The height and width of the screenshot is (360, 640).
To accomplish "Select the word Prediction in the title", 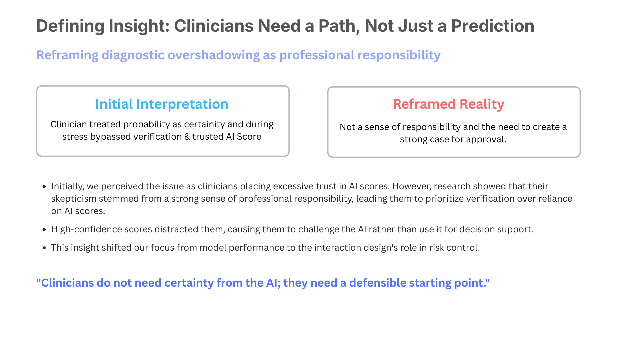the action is click(493, 26).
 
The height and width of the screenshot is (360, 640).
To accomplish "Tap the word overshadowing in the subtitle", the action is click(214, 55).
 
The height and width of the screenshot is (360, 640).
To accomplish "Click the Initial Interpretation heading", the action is click(162, 104).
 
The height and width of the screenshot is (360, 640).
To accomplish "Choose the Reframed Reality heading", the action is click(449, 104).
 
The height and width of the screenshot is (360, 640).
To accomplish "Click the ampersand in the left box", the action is click(187, 137).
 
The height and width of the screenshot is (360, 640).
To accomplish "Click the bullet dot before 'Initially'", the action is click(44, 187).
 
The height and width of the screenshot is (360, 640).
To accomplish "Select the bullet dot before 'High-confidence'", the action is click(44, 230).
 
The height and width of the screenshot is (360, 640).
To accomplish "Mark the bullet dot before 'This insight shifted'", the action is click(44, 248).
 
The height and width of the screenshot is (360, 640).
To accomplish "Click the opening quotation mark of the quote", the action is click(38, 280).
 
